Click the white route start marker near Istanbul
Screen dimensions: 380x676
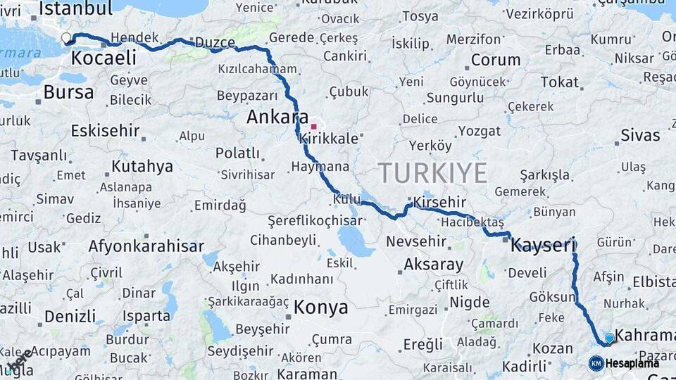coord(66,38)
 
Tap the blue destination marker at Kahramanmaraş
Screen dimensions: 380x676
coord(610,338)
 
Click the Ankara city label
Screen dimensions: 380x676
coord(277,118)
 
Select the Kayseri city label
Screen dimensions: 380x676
coord(543,246)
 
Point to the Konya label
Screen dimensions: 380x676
coord(320,308)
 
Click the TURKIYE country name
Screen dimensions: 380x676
coord(432,172)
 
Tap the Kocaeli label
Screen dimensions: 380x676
coord(104,58)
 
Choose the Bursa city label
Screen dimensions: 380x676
coord(68,92)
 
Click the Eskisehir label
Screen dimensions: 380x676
coord(105,131)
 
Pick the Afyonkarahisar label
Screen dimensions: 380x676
coord(146,246)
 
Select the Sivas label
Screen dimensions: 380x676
coord(640,135)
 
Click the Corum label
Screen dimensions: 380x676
coord(496,60)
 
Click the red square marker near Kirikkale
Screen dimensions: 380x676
coord(313,127)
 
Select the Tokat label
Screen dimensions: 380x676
coord(559,82)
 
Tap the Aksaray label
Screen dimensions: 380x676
coord(434,265)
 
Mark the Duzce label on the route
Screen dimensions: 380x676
coord(215,43)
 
